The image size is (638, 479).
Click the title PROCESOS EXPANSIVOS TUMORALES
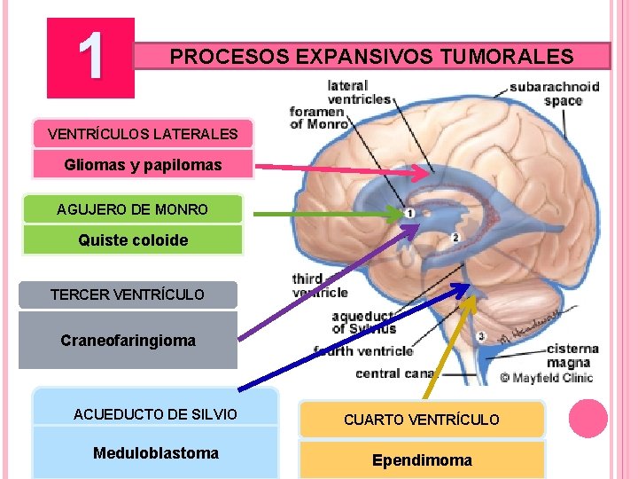point(371,57)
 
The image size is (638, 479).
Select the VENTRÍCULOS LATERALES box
point(143,134)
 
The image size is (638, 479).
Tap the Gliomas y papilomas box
point(143,165)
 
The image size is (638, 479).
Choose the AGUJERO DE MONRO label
point(133,209)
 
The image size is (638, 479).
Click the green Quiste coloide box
point(133,239)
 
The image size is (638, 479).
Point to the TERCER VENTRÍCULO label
point(128,294)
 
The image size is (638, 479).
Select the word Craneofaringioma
point(128,340)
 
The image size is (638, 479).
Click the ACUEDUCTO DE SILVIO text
point(155,414)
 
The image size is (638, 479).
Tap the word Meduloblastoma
point(155,453)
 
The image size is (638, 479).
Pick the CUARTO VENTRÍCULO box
point(422,419)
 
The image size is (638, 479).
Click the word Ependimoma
point(422,459)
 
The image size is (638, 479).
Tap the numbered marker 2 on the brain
point(455,238)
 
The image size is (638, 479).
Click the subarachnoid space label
point(555,93)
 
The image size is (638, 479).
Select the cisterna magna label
point(572,354)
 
